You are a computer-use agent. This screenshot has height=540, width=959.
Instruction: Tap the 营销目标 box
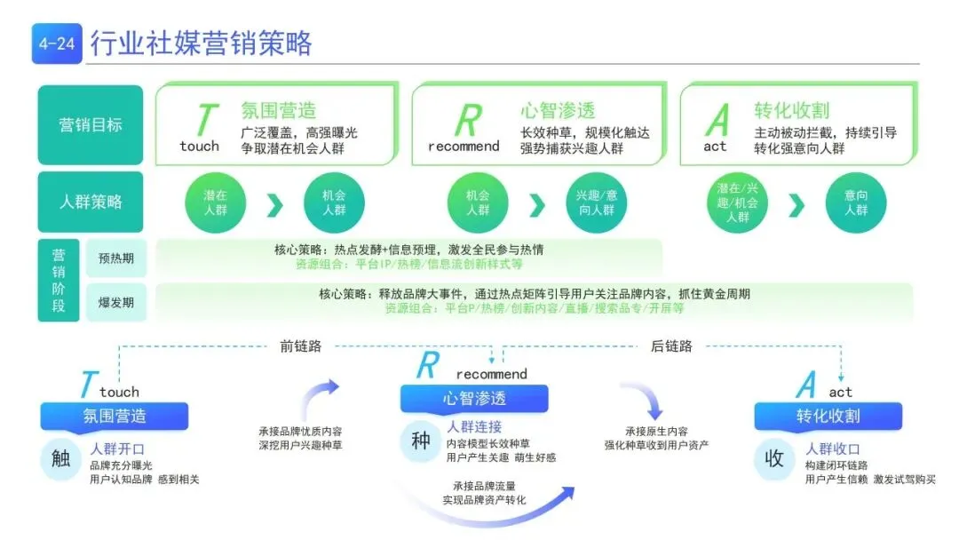pos(90,125)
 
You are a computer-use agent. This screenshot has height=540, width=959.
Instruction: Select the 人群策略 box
pos(90,202)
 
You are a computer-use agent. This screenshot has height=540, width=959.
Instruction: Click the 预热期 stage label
pos(115,258)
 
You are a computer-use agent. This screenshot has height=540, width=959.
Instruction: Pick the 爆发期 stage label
pos(115,302)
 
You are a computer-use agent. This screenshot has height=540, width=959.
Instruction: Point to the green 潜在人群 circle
pos(215,203)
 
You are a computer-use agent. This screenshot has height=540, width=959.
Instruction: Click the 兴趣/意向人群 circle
pos(596,203)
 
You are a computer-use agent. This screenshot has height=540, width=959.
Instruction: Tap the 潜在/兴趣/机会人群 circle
pos(738,203)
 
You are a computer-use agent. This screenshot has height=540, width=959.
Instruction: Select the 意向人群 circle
pos(856,203)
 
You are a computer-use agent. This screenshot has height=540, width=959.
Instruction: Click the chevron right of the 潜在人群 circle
pos(274,205)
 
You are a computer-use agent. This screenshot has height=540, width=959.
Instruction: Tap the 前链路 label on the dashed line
pos(300,346)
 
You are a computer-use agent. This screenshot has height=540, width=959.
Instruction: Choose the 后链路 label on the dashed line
pos(671,346)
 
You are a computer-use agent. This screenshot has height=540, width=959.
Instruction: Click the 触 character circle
pos(61,459)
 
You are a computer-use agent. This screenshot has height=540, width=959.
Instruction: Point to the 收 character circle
pos(774,459)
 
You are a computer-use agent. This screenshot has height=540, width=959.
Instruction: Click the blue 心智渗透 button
pos(474,399)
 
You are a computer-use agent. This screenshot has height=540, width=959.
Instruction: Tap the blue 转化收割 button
pos(828,416)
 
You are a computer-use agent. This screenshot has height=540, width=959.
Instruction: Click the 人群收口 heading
pos(832,449)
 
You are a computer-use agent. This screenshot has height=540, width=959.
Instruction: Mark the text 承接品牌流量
pos(484,486)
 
